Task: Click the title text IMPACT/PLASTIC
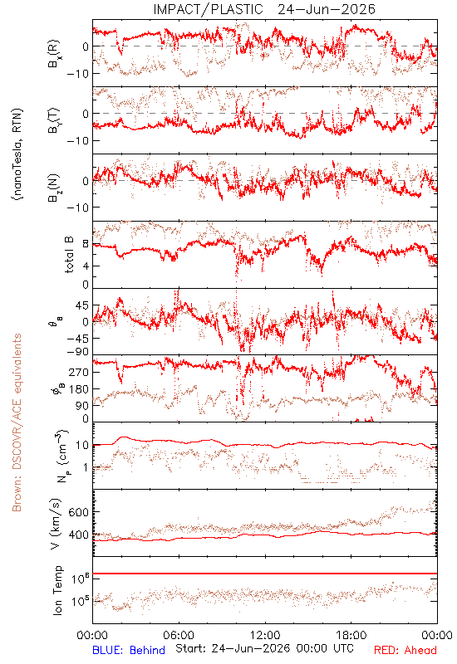209,9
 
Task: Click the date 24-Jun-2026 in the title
327,9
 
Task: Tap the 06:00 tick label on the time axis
179,635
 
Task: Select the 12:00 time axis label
265,635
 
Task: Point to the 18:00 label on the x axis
351,635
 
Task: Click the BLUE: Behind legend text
129,650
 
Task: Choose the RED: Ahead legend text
405,650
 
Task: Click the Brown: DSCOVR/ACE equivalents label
17,422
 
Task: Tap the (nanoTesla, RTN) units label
17,154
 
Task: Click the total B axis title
69,255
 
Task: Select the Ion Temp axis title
57,590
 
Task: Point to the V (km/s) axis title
56,524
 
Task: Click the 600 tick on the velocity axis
78,512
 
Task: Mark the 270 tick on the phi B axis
78,372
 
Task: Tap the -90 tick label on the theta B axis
76,352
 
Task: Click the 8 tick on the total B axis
86,244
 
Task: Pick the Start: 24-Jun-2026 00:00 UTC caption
264,648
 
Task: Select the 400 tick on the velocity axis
78,535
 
